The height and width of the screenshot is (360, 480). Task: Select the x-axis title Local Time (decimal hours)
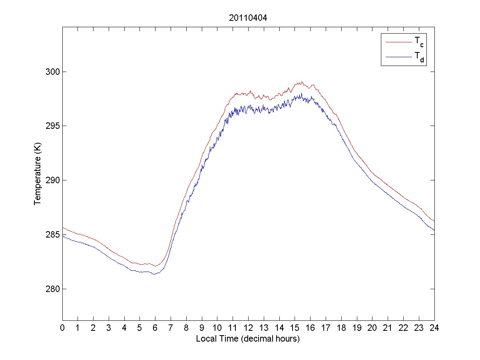tap(248, 339)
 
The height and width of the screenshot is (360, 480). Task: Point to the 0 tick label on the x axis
tap(62, 328)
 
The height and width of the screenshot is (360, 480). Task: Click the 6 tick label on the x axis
tap(155, 328)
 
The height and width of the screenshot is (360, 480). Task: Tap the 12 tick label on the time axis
tap(248, 328)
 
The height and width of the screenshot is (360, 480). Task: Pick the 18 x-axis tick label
tap(341, 328)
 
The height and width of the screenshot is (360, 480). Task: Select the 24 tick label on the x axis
tap(434, 328)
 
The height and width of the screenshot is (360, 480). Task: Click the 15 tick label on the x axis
tap(295, 328)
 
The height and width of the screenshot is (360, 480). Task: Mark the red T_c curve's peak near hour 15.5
tap(302, 82)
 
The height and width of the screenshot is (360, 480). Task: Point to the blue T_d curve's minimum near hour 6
tap(154, 274)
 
